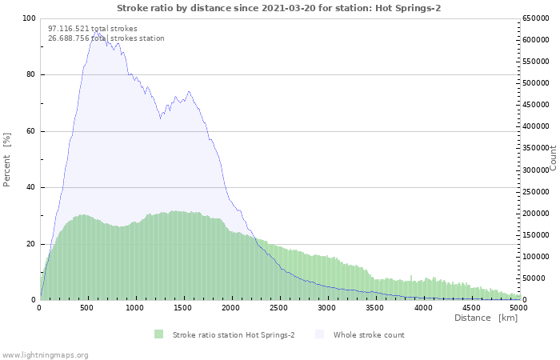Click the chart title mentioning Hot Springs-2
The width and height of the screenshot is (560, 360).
point(278,8)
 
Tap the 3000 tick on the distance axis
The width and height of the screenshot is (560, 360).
point(327,307)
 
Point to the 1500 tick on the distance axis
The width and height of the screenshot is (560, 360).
point(183,307)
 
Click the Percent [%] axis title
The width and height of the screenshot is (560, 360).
point(7,159)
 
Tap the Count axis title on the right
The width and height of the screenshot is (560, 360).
point(553,158)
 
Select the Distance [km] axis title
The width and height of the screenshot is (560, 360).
point(486,318)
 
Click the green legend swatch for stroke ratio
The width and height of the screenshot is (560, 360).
point(159,334)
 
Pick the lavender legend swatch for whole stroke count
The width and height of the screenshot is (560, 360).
point(320,334)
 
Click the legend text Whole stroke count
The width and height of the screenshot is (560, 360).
point(369,334)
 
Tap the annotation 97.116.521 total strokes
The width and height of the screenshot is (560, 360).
point(93,29)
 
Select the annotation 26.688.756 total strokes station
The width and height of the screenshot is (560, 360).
point(106,38)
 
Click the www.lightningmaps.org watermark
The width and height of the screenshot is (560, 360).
point(46,354)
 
